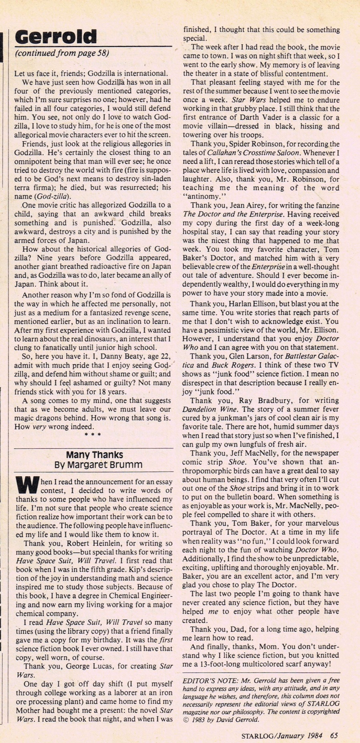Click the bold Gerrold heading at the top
pos(56,37)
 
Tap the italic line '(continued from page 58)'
pos(62,53)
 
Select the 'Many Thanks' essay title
pos(94,455)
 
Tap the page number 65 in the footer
pos(334,735)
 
